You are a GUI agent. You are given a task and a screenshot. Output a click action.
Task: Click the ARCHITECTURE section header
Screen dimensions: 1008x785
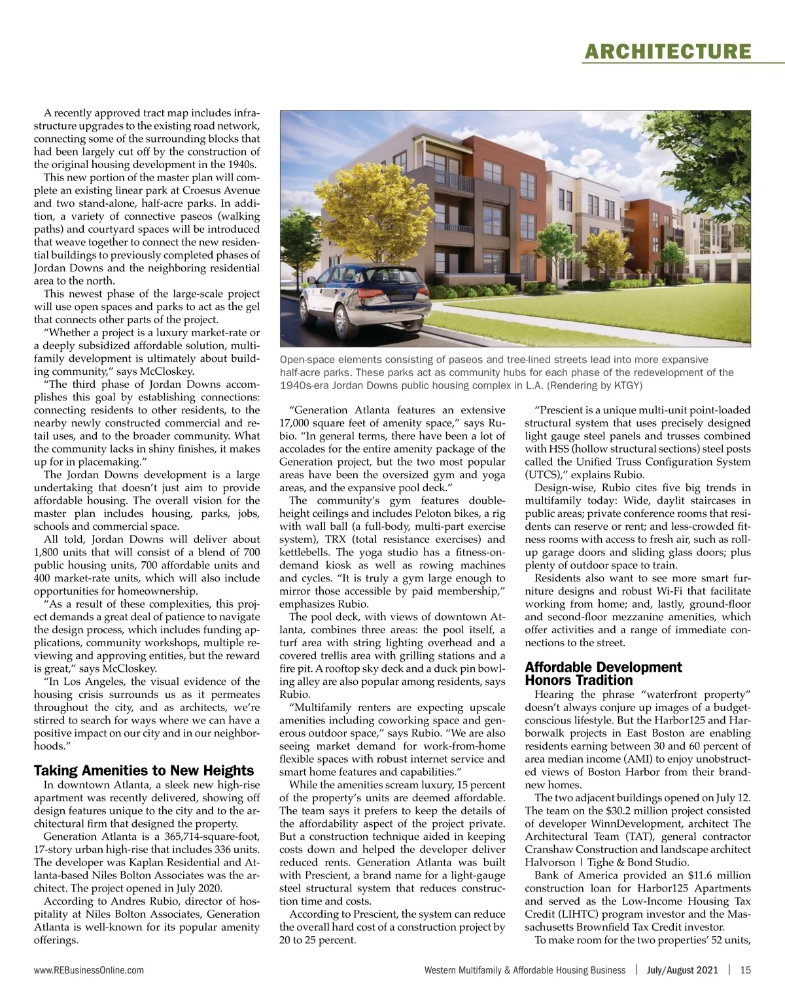coord(666,51)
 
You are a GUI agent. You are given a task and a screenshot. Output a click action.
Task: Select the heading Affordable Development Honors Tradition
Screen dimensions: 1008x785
coord(603,673)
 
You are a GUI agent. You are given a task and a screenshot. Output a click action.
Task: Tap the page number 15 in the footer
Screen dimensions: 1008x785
coord(745,970)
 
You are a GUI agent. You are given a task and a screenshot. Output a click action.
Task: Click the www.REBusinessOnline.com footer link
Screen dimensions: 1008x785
coord(88,970)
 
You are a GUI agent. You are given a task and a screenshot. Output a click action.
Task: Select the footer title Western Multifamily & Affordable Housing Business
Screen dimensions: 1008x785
coord(525,970)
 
